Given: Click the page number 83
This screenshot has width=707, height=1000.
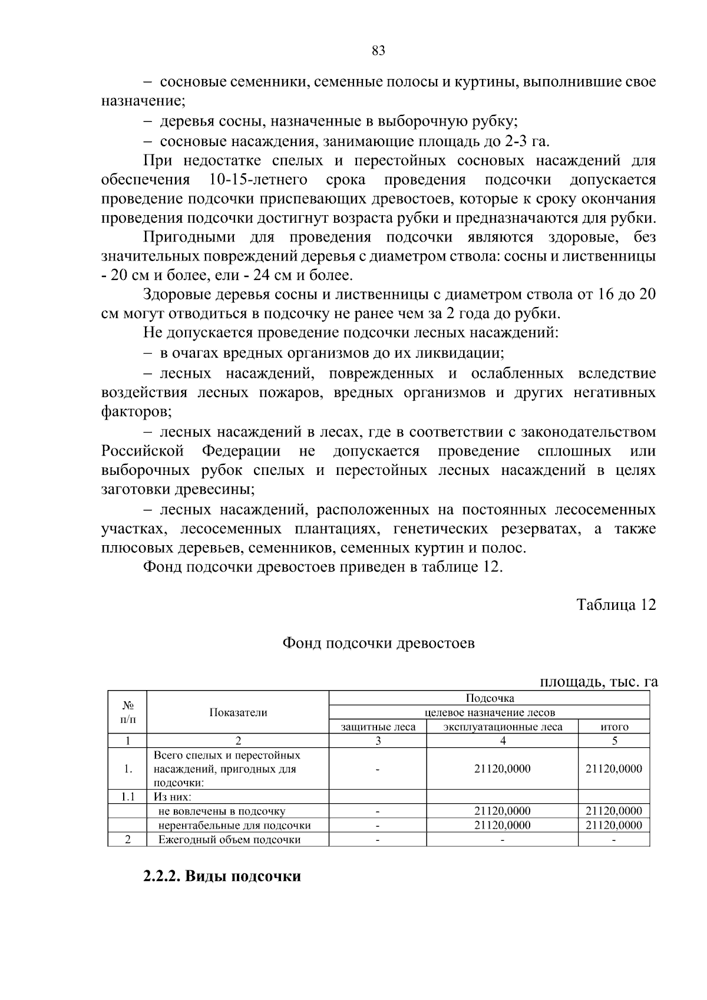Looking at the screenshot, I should tap(378, 51).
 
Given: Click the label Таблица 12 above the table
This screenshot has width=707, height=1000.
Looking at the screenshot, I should tap(616, 605).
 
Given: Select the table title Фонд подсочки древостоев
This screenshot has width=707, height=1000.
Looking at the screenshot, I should tap(378, 643).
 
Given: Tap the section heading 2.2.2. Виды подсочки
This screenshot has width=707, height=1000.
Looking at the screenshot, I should tap(222, 876).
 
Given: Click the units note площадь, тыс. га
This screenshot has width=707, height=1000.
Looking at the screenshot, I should tap(598, 682).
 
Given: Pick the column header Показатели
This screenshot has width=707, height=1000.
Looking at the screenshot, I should tap(238, 712).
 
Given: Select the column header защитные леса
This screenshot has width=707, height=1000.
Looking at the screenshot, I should tap(378, 727).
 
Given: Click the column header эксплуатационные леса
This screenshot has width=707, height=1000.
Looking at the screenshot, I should tap(503, 727).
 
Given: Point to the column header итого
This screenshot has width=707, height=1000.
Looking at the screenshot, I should tap(614, 727).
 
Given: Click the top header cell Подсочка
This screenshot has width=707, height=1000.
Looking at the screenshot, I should tap(490, 698).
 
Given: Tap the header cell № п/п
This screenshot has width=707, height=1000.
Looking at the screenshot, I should tap(127, 712).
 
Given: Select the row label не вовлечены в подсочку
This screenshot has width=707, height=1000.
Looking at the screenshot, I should tap(222, 811).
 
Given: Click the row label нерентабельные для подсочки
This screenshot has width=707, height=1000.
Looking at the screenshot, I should tap(234, 826).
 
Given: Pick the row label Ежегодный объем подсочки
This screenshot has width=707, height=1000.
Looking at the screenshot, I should tap(229, 840).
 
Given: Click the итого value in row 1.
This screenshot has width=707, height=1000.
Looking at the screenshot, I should tap(614, 769).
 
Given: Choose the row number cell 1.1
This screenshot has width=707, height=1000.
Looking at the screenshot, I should tap(127, 797).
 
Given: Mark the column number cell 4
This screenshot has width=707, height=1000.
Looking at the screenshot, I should tap(503, 741).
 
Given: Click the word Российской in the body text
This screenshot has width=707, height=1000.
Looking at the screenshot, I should tap(143, 451).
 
